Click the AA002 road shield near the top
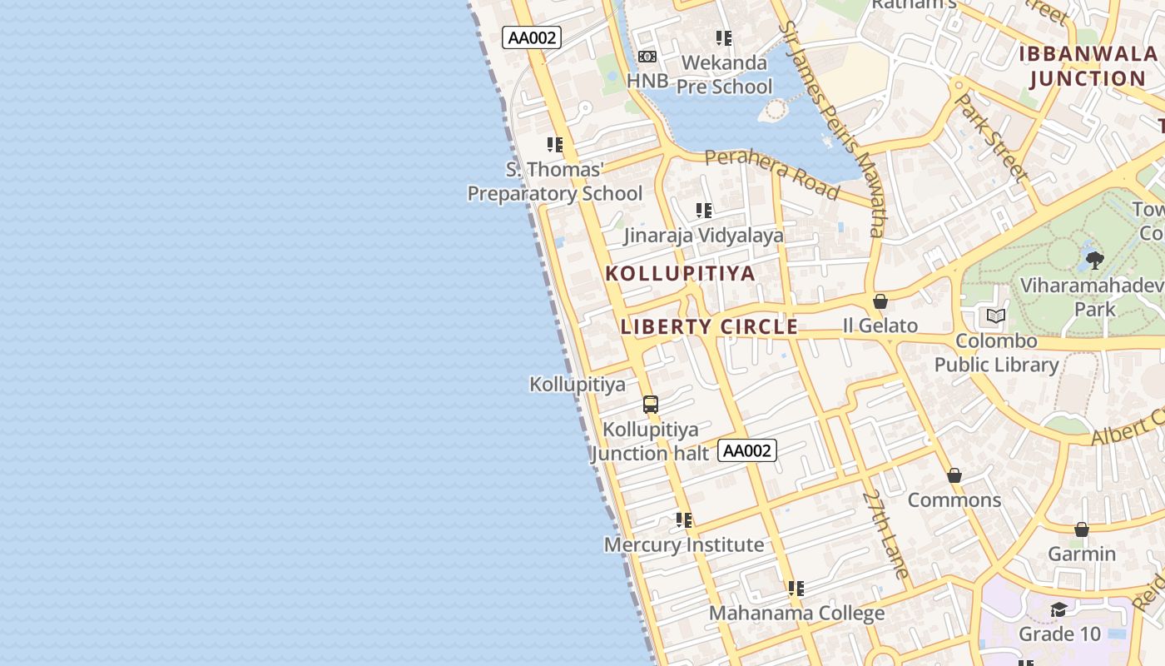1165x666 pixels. (x=532, y=37)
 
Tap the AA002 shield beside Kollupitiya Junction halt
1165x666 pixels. (x=746, y=450)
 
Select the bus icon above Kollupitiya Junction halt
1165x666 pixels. (x=651, y=405)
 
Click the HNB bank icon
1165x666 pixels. (x=647, y=57)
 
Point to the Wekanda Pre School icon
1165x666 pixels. (x=724, y=38)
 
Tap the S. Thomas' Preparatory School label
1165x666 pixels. (x=555, y=181)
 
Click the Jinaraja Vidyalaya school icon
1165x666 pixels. (x=704, y=211)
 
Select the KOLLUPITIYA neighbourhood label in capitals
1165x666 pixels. (x=681, y=273)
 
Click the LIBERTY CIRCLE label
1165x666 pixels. (x=709, y=326)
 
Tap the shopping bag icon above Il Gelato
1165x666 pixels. (x=880, y=301)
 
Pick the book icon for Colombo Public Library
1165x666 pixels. (x=996, y=316)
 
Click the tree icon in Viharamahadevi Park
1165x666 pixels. (x=1095, y=261)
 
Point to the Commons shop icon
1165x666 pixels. (x=954, y=475)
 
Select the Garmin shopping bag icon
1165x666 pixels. (x=1082, y=529)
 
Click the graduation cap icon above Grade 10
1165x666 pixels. (x=1058, y=610)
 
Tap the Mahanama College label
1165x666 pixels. (x=796, y=614)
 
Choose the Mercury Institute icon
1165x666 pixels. (x=684, y=520)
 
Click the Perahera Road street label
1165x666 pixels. (x=771, y=174)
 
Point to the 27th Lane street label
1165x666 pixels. (x=885, y=534)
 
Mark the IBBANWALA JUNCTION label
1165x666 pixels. (x=1088, y=67)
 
